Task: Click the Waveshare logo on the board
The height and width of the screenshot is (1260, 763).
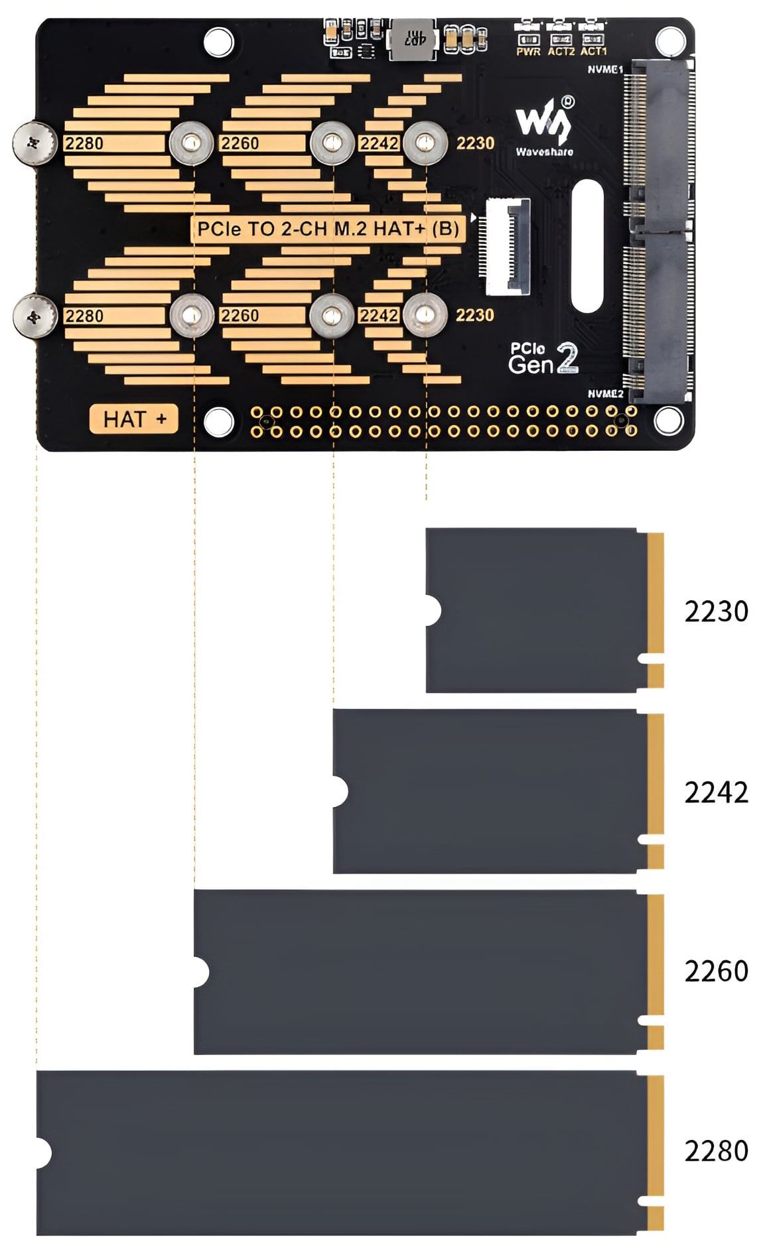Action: tap(544, 126)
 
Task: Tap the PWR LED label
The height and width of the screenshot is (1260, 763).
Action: tap(528, 51)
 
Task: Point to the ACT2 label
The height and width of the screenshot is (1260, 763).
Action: tap(561, 51)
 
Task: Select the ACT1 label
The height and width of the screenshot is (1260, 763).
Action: tap(593, 51)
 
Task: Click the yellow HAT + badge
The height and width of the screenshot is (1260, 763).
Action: tap(134, 419)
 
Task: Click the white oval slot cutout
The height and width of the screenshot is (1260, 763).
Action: tap(587, 245)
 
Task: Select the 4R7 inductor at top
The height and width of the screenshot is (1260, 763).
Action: tap(413, 39)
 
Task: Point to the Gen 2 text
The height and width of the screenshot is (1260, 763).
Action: tap(543, 360)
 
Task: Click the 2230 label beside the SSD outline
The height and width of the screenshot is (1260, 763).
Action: tap(716, 611)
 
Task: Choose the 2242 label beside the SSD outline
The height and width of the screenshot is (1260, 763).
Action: tap(716, 792)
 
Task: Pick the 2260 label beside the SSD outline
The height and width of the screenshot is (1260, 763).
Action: tap(716, 972)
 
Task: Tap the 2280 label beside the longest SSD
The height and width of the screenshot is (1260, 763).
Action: tap(716, 1151)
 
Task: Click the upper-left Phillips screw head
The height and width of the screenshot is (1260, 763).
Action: tap(35, 142)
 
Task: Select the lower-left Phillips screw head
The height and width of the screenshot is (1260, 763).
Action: tap(35, 316)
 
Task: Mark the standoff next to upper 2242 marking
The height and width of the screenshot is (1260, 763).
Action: tap(425, 143)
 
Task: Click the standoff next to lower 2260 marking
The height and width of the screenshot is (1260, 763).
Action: tap(332, 316)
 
